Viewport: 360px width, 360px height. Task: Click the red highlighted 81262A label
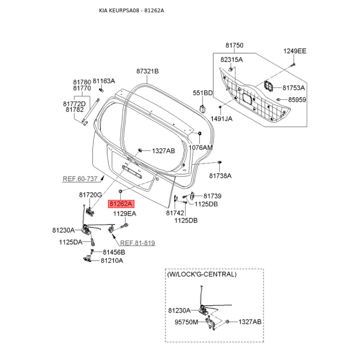[121, 203]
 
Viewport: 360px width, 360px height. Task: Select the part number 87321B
[148, 71]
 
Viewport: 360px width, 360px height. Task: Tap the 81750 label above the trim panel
[234, 45]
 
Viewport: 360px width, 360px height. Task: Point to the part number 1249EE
[294, 51]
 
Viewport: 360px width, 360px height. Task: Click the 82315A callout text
[231, 59]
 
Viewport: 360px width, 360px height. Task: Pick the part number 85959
[297, 99]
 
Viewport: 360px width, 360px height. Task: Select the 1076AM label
[200, 148]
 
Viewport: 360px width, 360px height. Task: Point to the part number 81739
[212, 196]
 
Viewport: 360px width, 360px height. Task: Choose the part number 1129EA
[124, 214]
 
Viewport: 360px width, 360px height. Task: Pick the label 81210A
[112, 260]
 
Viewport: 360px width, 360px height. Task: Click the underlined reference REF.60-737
[80, 179]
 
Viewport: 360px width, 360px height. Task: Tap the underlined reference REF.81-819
[137, 243]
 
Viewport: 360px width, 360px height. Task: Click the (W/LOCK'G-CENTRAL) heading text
[202, 274]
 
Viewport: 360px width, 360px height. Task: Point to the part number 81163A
[104, 81]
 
